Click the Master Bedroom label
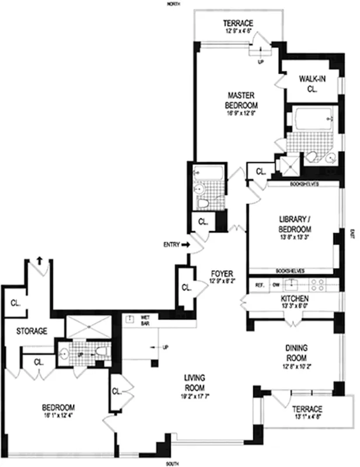pyautogui.click(x=243, y=100)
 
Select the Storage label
pyautogui.click(x=32, y=331)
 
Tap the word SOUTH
pyautogui.click(x=172, y=464)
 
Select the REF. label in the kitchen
pyautogui.click(x=260, y=285)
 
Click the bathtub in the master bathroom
pyautogui.click(x=312, y=119)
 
